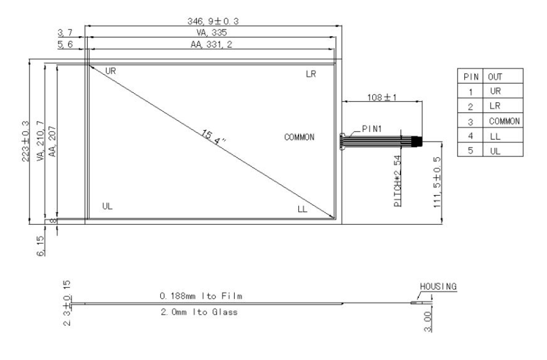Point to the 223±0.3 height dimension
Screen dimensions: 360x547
pyautogui.click(x=26, y=141)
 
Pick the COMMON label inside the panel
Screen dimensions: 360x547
pyautogui.click(x=299, y=137)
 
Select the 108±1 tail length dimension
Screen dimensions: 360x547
pyautogui.click(x=382, y=97)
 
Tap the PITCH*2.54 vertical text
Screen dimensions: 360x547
pyautogui.click(x=398, y=181)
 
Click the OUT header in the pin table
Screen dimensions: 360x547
pyautogui.click(x=495, y=77)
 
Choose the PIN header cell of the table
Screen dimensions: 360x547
pyautogui.click(x=470, y=77)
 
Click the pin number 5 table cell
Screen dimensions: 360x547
pyautogui.click(x=470, y=151)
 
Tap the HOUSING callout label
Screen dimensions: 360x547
pyautogui.click(x=438, y=287)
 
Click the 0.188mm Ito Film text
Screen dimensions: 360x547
pyautogui.click(x=201, y=296)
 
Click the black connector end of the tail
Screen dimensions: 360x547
pyautogui.click(x=418, y=142)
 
